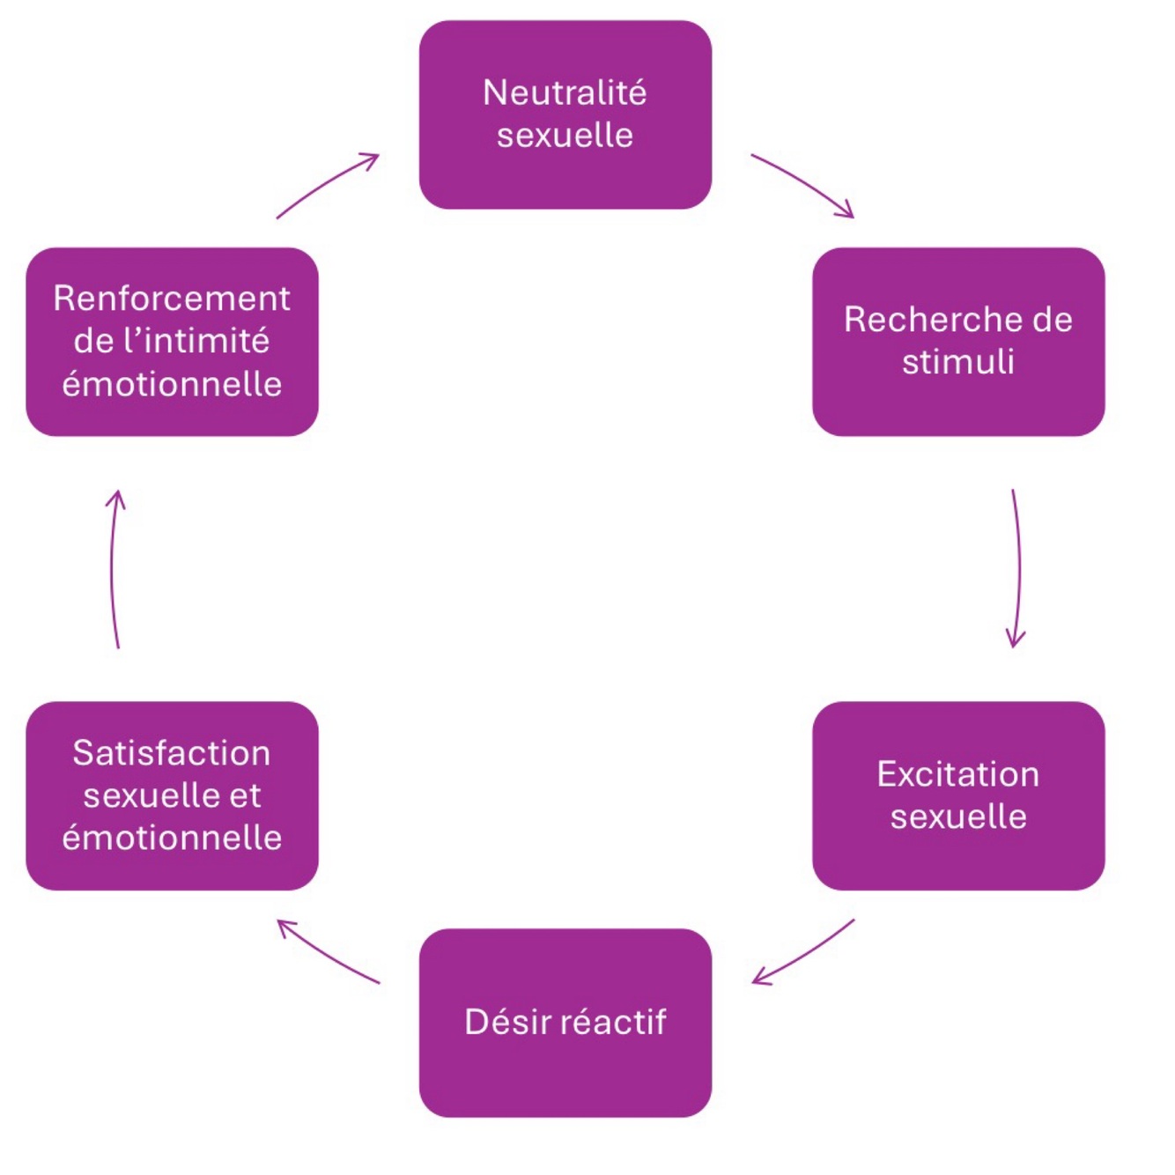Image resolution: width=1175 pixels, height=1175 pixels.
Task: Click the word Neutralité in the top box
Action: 565,92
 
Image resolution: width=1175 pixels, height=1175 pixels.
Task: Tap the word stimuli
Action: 958,362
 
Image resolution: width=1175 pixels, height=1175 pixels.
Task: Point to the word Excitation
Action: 958,773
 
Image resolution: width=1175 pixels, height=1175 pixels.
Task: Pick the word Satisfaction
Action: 172,753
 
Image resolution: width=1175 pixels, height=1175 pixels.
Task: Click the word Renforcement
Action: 172,299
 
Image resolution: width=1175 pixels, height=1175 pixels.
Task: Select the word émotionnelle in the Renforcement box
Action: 172,384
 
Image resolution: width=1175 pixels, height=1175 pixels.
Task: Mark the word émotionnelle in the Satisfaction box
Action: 172,837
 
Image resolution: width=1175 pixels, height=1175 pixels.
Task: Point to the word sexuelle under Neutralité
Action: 565,135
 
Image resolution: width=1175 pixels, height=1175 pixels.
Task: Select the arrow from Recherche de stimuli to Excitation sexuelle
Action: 1019,567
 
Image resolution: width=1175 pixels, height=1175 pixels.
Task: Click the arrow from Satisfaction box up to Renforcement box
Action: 112,567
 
